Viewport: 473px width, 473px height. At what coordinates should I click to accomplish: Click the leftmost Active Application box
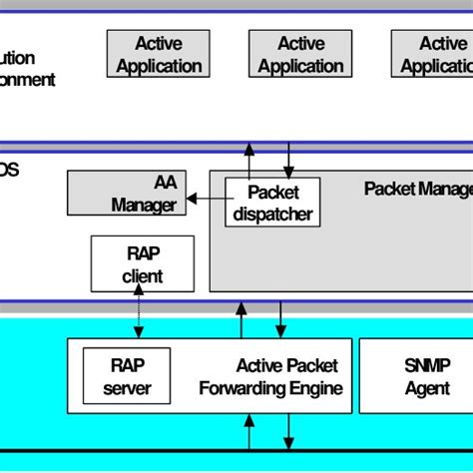point(159,55)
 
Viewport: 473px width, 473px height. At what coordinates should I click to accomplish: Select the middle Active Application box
point(300,55)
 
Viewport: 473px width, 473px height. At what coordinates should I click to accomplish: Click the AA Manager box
point(125,194)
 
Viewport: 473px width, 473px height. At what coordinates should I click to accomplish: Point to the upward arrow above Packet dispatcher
point(251,160)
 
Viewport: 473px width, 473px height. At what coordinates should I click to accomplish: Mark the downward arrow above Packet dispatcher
point(289,160)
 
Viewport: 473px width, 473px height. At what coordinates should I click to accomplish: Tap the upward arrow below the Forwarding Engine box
point(250,432)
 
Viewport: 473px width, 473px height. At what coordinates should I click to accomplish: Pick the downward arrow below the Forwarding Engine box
point(289,432)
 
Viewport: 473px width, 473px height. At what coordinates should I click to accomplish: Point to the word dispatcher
point(272,214)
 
